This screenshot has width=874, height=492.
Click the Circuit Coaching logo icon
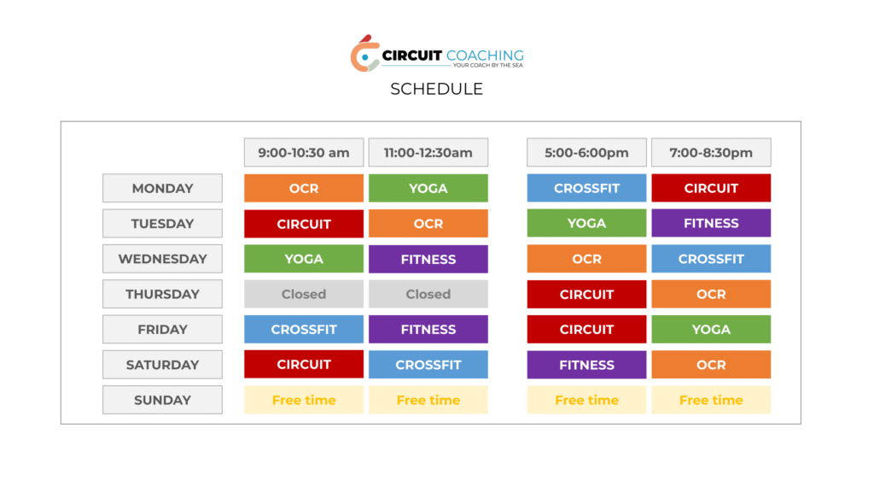tap(365, 54)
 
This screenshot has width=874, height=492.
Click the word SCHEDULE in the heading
tap(436, 89)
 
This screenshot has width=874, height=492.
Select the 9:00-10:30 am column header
tap(304, 152)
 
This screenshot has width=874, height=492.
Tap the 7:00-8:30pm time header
tap(711, 152)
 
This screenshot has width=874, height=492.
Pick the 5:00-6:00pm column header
tap(586, 152)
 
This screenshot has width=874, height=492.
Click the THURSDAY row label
tap(162, 294)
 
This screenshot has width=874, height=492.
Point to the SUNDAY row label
tap(162, 400)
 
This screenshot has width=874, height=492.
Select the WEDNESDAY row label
tap(162, 259)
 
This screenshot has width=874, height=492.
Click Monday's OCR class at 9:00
tap(304, 188)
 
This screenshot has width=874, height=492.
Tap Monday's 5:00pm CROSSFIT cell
tap(586, 188)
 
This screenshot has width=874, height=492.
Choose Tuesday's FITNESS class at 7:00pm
tap(711, 223)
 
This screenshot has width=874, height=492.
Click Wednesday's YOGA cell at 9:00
tap(304, 259)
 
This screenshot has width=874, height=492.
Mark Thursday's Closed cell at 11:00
tap(428, 294)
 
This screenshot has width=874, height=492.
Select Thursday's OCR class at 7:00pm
tap(711, 294)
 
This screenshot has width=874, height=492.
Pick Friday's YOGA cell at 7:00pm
tap(711, 329)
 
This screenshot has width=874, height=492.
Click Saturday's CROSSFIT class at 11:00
tap(428, 364)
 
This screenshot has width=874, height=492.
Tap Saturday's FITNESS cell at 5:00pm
tap(586, 364)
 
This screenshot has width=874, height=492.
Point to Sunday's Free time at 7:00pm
tap(711, 400)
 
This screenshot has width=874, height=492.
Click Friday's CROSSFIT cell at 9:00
tap(304, 329)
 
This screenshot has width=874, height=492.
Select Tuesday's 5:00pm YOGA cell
tap(586, 223)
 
